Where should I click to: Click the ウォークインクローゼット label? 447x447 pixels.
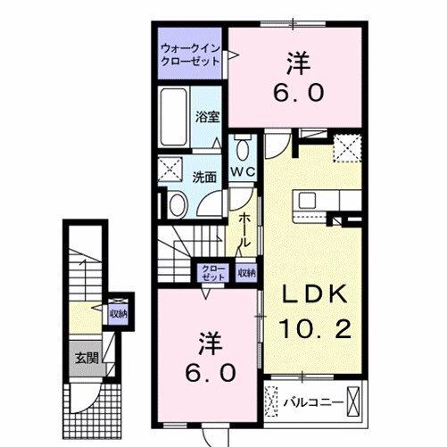pos(191,55)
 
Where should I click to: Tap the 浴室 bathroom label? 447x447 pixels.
pos(207,116)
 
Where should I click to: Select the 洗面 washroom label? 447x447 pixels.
pos(204,177)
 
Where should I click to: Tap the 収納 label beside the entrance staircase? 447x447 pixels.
pos(118,313)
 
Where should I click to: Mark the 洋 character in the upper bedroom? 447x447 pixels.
pos(297,62)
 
